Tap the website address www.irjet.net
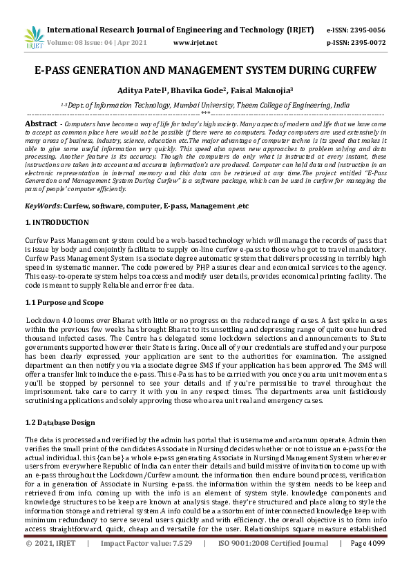point(195,43)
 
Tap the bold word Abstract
point(40,122)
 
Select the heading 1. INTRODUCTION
point(57,222)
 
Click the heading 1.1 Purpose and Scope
point(65,302)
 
